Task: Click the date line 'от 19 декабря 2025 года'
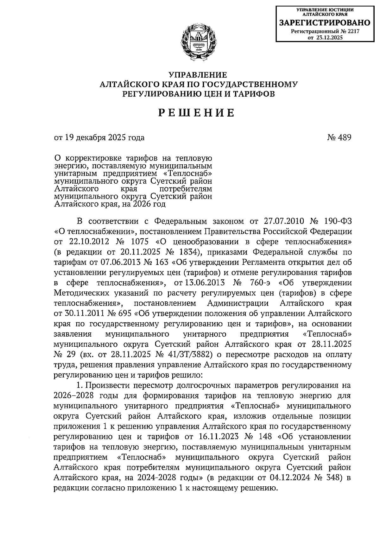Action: [99, 137]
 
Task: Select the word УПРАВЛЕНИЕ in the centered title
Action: [198, 75]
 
